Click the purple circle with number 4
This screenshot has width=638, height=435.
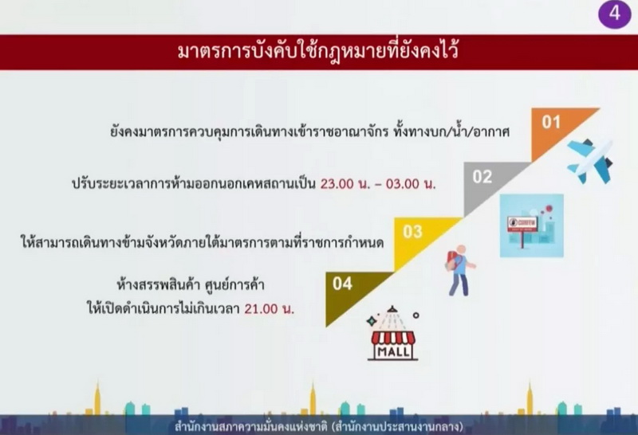pos(614,14)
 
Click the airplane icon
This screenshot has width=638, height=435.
pos(590,161)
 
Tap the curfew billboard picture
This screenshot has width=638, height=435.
pos(532,225)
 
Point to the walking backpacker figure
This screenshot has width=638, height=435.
pos(460,270)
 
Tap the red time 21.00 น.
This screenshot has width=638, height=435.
pos(269,309)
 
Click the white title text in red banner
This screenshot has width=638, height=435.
pos(318,52)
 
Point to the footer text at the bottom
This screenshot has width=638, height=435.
pos(318,427)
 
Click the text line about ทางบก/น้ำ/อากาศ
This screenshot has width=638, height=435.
pos(309,131)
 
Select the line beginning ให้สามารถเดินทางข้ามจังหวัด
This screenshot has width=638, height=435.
pos(203,243)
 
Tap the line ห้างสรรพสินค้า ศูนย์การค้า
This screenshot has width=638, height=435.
pos(191,284)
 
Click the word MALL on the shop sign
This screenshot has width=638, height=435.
pos(393,351)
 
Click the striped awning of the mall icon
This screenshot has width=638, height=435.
pos(393,338)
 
